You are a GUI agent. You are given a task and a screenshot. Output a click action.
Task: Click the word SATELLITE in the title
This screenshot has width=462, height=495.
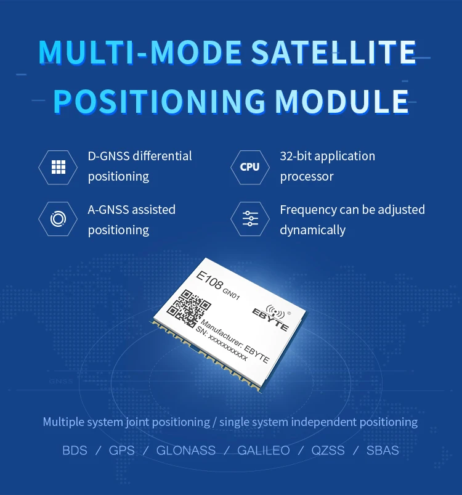(x=334, y=52)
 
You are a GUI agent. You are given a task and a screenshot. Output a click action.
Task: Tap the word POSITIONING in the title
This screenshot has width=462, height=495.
(x=160, y=101)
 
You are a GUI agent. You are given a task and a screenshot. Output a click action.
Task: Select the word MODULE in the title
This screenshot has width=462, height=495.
(x=342, y=101)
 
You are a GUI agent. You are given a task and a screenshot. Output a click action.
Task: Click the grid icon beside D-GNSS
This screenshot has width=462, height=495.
(x=59, y=167)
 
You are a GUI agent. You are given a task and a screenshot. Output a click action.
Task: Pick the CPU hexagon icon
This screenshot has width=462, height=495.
(x=249, y=167)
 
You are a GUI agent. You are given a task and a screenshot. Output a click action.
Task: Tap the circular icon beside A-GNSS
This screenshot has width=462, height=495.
(x=58, y=219)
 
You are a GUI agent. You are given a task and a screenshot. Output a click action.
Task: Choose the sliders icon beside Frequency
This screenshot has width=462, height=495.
(x=250, y=218)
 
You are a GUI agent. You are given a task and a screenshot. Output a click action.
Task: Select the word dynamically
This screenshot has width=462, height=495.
(x=312, y=230)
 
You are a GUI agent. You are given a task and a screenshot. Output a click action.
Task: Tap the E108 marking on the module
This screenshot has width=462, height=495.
(x=209, y=280)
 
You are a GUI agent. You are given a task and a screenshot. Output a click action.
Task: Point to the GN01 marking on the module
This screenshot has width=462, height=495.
(x=231, y=294)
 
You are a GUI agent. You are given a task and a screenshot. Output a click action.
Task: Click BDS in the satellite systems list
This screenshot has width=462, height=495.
(x=75, y=451)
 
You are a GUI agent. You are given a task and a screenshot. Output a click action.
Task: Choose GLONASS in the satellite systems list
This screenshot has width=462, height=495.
(x=186, y=451)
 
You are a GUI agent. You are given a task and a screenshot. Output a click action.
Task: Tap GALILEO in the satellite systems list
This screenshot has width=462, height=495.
(x=263, y=451)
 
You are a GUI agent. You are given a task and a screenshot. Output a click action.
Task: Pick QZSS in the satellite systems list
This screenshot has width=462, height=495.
(x=328, y=451)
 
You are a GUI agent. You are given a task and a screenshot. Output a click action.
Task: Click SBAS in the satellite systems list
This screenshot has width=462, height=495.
(x=383, y=451)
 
